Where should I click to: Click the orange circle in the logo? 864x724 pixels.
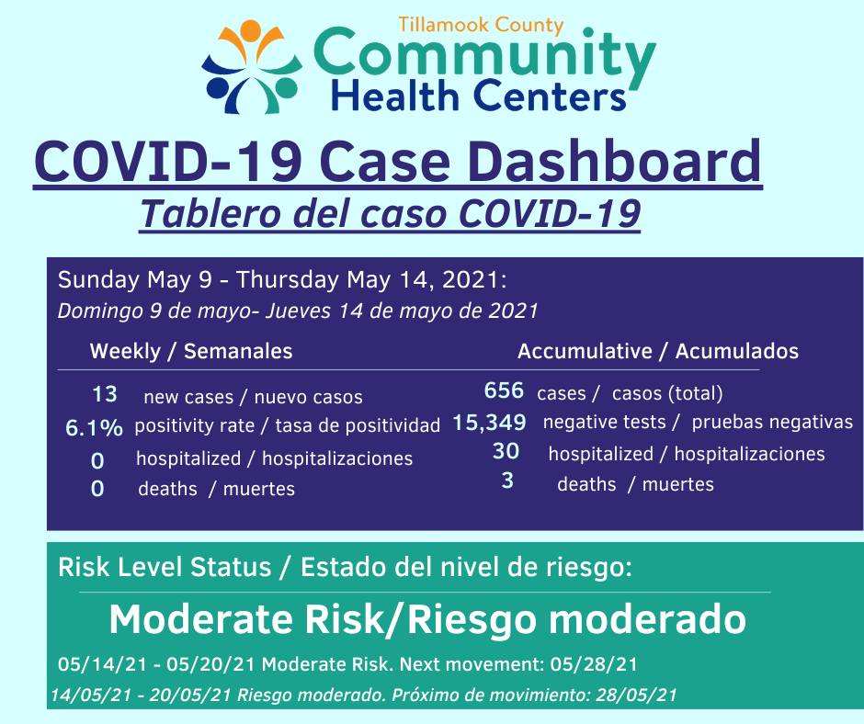(x=250, y=29)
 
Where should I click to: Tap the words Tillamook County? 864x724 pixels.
(x=481, y=26)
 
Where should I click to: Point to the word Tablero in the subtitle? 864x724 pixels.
(x=210, y=213)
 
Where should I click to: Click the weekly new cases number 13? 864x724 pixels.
(x=104, y=394)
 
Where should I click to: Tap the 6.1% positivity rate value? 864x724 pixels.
(x=94, y=427)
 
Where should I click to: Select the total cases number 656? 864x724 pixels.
(x=504, y=390)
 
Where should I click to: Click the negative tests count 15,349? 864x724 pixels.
(x=489, y=423)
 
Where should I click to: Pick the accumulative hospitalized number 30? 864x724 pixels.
(x=506, y=451)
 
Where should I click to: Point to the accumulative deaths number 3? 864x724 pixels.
(x=507, y=481)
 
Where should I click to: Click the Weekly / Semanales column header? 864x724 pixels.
(x=191, y=351)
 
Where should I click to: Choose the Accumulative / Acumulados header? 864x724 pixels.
(x=658, y=351)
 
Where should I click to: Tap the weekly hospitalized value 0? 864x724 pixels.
(x=97, y=460)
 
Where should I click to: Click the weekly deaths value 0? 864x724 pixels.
(x=97, y=489)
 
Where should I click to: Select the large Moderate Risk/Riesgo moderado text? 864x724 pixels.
(x=427, y=620)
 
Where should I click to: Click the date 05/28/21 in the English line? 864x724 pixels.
(x=594, y=664)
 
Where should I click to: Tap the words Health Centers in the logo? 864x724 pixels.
(x=478, y=96)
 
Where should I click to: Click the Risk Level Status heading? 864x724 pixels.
(x=165, y=567)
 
